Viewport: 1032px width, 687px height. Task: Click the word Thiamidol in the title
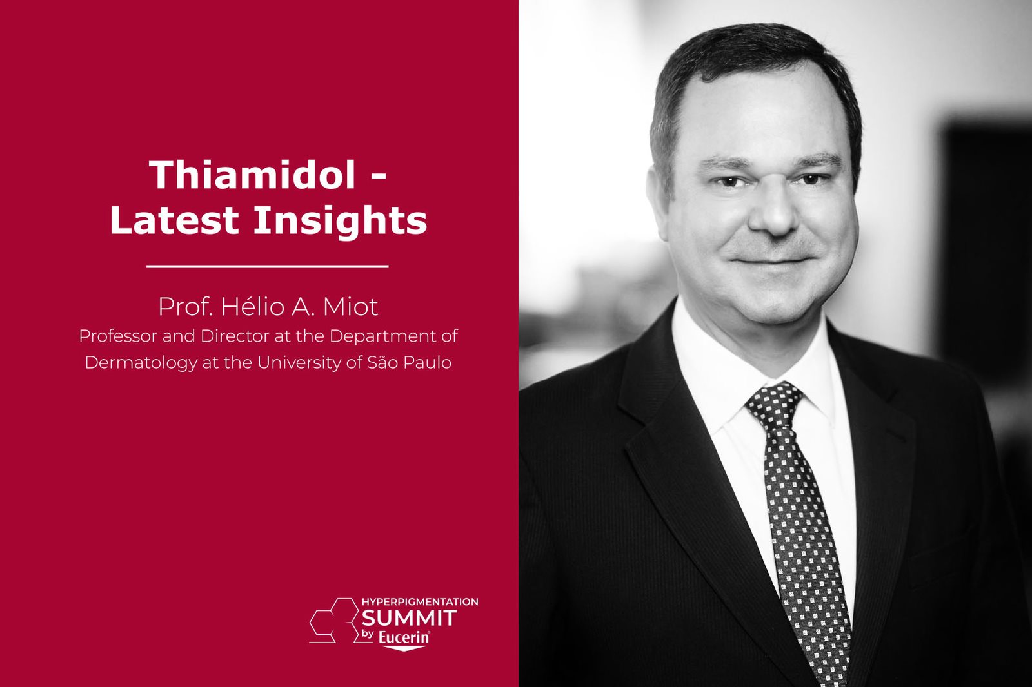(x=252, y=175)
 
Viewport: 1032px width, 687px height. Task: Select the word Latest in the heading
(x=174, y=220)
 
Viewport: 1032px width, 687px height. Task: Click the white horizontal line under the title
(x=268, y=266)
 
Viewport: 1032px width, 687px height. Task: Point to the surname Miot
(x=350, y=307)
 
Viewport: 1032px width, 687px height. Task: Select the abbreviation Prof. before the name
(x=185, y=307)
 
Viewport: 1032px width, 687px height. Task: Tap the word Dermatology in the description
(x=141, y=363)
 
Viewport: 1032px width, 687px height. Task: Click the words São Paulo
(x=409, y=363)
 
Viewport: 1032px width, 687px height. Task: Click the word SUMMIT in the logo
(x=409, y=618)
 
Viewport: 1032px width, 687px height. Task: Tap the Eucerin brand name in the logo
(x=404, y=638)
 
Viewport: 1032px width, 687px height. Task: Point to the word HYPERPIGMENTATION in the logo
(x=420, y=602)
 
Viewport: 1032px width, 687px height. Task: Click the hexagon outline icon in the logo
(x=334, y=620)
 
